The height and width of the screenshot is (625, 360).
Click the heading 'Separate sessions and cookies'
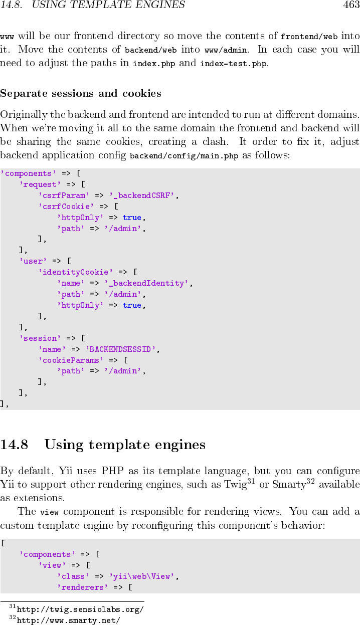coord(81,93)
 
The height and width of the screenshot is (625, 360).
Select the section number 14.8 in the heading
coord(14,445)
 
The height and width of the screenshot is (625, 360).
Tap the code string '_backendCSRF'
coord(141,195)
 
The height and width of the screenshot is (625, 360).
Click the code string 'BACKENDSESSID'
coord(121,349)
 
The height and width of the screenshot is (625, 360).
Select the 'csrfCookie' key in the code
coord(66,206)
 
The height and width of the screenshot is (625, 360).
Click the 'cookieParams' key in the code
coord(71,360)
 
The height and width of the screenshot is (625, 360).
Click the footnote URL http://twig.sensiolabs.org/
coord(80,609)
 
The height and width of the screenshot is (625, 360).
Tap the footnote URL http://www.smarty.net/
coord(68,621)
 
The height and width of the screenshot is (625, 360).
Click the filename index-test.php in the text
coord(233,64)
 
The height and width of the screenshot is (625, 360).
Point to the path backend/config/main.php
coord(184,156)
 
